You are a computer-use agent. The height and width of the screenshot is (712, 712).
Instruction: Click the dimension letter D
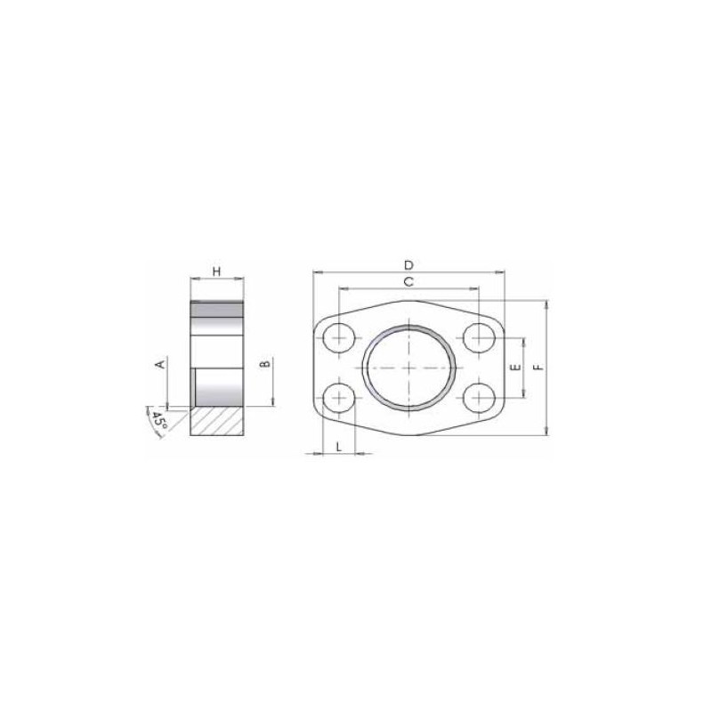point(409,264)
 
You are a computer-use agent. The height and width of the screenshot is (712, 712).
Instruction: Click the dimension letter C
point(409,282)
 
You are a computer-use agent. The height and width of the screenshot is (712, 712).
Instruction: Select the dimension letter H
point(216,271)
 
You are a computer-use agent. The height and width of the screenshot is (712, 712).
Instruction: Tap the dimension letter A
point(160,364)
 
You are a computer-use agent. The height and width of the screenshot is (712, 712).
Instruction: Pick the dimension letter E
point(515,368)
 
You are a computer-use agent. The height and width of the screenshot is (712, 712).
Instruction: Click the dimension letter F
point(538,367)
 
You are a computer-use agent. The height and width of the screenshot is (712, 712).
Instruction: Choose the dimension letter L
point(339,447)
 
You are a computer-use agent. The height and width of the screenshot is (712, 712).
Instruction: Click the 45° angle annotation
point(159,420)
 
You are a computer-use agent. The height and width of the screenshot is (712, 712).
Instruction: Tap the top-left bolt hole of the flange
point(339,338)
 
